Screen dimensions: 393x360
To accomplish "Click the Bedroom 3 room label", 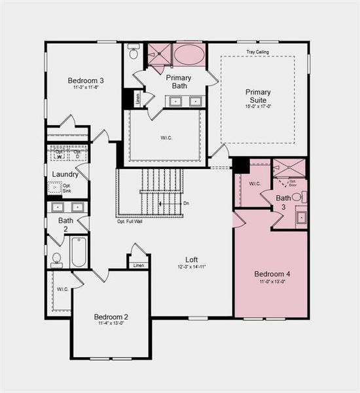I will (x=86, y=81).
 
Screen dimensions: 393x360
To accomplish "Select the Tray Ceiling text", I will (x=257, y=52).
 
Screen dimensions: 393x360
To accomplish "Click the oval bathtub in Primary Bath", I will (x=189, y=54).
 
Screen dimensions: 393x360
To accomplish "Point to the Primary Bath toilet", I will (x=134, y=52).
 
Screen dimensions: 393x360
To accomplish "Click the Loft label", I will (x=191, y=259).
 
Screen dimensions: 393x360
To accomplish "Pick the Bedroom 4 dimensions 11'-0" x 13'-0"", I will (x=270, y=281).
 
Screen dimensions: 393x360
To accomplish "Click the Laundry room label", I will (x=65, y=174).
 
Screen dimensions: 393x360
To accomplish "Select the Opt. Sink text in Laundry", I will (x=66, y=188).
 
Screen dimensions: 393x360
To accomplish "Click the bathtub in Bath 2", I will (x=79, y=252).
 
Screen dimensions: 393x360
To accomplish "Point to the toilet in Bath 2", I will (x=57, y=259).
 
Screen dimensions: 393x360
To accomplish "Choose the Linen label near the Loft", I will (x=138, y=265).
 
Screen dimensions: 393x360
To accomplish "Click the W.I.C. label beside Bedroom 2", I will (x=63, y=289).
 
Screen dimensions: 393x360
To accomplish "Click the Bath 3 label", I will (x=283, y=202).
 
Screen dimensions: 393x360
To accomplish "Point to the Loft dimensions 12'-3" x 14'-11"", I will (x=191, y=267).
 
